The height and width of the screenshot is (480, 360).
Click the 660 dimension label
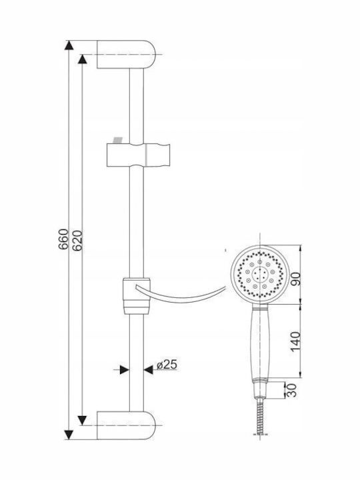[x=64, y=239]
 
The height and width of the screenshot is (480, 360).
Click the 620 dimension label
[x=77, y=241]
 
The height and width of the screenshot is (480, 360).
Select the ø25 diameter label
[x=167, y=365]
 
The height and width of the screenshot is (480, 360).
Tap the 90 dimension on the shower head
[x=296, y=279]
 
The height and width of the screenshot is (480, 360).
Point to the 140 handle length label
[x=296, y=341]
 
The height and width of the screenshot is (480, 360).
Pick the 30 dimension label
[x=292, y=390]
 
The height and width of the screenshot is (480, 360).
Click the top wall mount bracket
[x=127, y=54]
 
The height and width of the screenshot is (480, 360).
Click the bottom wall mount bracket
[x=127, y=425]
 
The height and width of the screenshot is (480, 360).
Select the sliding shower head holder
[x=139, y=155]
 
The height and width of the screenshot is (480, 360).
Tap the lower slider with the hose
[x=137, y=296]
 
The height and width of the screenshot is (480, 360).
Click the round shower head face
[x=259, y=275]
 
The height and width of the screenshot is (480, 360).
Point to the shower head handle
[x=260, y=344]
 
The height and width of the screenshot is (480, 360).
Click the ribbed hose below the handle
[x=260, y=416]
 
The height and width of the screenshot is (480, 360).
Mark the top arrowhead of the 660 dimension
[x=69, y=45]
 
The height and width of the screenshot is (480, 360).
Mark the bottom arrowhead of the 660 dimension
[x=69, y=435]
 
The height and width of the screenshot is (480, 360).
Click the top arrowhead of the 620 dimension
[x=83, y=59]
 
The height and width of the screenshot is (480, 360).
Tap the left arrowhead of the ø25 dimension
[x=124, y=370]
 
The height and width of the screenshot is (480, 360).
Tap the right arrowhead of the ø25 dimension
[x=149, y=370]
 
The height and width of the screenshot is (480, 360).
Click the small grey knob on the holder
[x=117, y=139]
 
